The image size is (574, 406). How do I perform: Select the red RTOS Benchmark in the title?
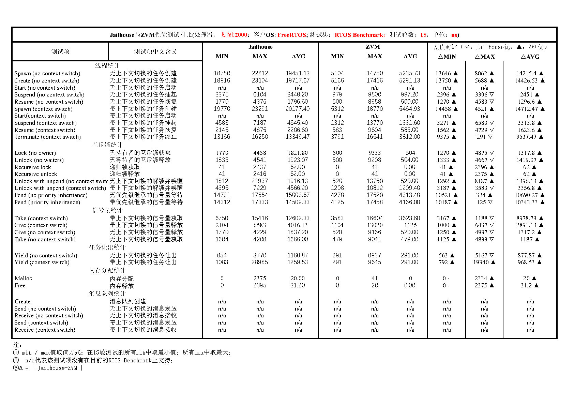[360, 35]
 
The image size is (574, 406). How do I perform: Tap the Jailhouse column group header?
[260, 47]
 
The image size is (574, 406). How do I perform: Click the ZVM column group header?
[373, 47]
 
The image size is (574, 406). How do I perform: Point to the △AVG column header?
[530, 57]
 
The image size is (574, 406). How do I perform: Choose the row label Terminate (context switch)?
[47, 137]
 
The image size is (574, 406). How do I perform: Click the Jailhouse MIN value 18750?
[222, 73]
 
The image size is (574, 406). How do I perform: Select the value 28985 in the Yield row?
[260, 262]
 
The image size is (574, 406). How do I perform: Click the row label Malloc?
[23, 279]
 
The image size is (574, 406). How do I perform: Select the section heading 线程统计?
[107, 65]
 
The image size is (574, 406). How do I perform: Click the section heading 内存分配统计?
[107, 270]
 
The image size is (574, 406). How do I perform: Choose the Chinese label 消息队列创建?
[127, 301]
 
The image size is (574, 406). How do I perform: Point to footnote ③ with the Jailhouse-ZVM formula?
[48, 368]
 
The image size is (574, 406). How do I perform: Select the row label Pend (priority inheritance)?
[47, 202]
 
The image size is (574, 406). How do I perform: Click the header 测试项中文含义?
[155, 51]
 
